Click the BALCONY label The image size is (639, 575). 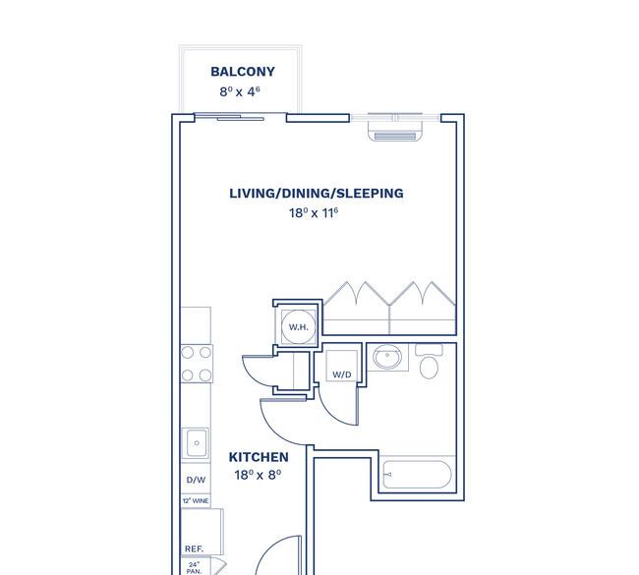tap(243, 72)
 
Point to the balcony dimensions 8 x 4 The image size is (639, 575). tap(243, 91)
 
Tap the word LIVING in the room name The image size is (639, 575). tap(253, 194)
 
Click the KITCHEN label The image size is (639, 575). tap(259, 457)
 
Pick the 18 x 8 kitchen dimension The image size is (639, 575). tap(259, 476)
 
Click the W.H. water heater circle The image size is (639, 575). tap(297, 327)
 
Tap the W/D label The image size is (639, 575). tap(342, 374)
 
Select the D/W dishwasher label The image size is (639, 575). tap(196, 481)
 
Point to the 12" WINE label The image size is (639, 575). tap(196, 501)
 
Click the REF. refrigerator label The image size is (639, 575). tap(194, 549)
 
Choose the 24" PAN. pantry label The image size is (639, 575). tap(195, 567)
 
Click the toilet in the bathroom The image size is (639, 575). tap(430, 365)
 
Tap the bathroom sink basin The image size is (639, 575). tap(388, 359)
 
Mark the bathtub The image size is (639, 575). tap(417, 477)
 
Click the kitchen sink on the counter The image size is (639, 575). tap(197, 442)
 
